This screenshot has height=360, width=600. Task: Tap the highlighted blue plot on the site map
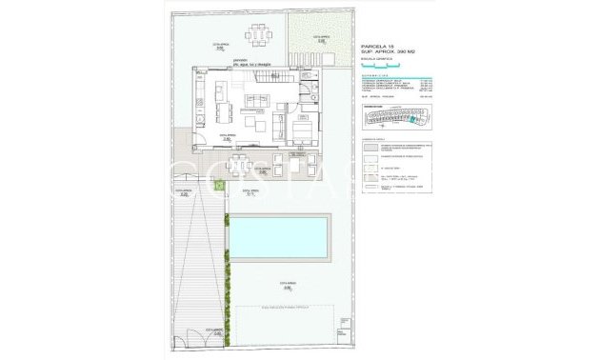pos(411,119)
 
